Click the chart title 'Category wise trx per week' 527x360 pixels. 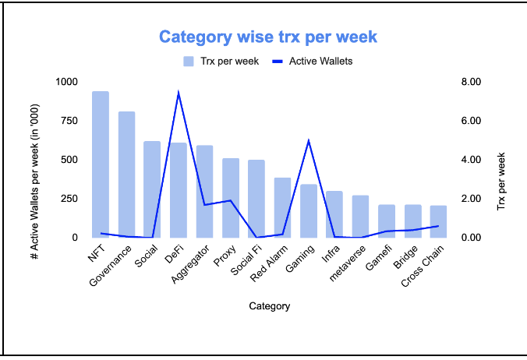coord(268,37)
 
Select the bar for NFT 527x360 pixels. coord(101,164)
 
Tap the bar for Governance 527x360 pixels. coord(126,175)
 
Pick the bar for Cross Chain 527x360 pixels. coord(439,221)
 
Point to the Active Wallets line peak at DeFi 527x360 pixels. coord(179,93)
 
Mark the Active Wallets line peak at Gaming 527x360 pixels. coord(309,141)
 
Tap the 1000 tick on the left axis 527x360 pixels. coord(67,82)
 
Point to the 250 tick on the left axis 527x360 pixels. coord(70,199)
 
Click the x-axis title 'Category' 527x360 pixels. coord(270,306)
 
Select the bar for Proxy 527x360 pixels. coord(231,198)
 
